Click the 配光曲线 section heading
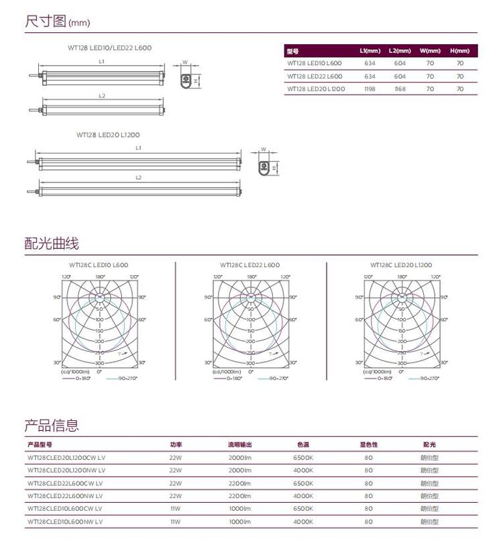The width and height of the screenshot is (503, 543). (52, 243)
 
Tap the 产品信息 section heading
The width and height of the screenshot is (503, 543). (52, 425)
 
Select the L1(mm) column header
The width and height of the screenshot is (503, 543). (370, 51)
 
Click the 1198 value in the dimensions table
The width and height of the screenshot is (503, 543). (370, 89)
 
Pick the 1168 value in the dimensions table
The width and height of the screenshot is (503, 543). (400, 89)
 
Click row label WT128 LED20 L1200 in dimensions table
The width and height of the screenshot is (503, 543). (316, 89)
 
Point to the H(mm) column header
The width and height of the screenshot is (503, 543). (459, 51)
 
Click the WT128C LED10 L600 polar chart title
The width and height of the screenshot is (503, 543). (99, 265)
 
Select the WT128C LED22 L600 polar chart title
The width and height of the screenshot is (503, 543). (250, 265)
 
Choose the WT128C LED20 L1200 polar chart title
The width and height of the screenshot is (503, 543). (401, 265)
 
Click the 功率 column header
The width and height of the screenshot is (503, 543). (176, 444)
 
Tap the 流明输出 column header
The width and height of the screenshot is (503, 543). (240, 444)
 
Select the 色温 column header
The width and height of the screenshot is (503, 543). (303, 444)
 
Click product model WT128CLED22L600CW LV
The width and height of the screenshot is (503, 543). (64, 483)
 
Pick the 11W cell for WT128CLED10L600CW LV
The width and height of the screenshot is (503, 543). (176, 508)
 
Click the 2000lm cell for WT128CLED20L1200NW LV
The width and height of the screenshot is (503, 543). (239, 470)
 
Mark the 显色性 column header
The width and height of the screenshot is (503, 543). (368, 444)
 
